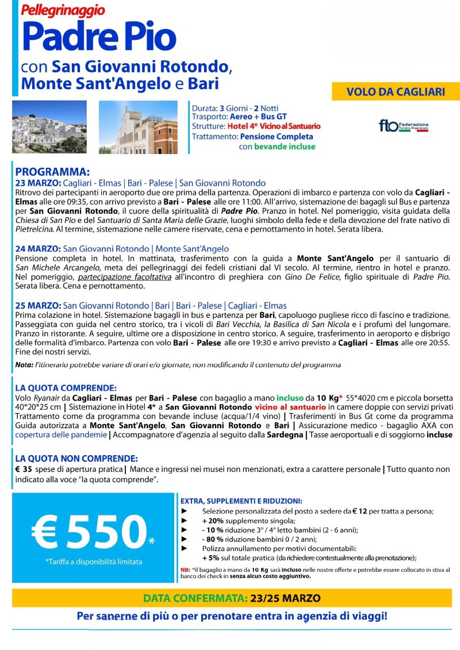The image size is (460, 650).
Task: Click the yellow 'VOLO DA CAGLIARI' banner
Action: [x=396, y=91]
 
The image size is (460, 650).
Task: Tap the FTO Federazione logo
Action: [x=403, y=126]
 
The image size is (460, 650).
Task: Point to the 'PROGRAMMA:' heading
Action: [x=52, y=172]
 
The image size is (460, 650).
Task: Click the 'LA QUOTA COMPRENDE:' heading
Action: [x=66, y=388]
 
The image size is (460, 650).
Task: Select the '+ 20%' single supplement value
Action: [x=213, y=521]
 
